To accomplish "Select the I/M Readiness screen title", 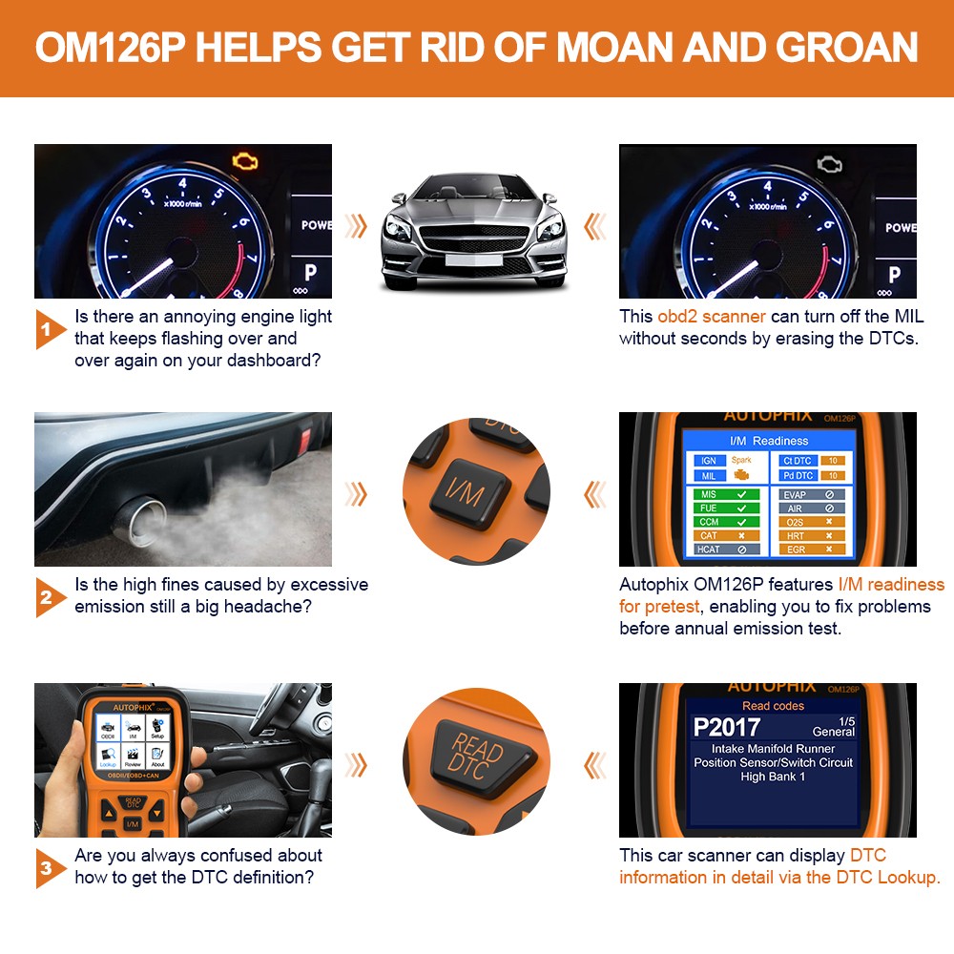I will (768, 441).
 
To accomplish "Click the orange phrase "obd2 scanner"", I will (711, 317).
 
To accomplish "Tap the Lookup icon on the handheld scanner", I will (107, 757).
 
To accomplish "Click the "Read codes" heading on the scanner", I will (773, 706).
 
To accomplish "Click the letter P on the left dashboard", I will (310, 272).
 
